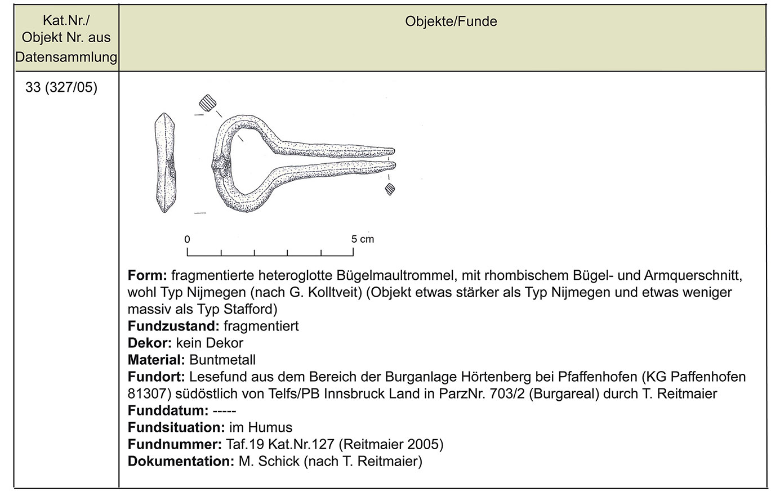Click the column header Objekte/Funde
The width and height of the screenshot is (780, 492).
pos(451,22)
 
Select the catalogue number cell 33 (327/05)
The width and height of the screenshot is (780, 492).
pos(61,88)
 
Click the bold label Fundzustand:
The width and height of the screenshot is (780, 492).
pos(173,326)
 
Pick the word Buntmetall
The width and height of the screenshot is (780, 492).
pos(222,360)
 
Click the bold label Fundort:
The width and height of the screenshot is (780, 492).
pos(157,377)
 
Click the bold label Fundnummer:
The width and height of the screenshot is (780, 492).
pos(174,444)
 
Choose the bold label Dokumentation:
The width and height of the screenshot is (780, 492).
pos(180,461)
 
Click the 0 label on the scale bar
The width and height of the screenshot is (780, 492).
pos(188,239)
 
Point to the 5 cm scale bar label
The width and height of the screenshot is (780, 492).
pos(362,239)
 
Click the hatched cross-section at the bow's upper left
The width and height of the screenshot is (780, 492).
pos(207,103)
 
